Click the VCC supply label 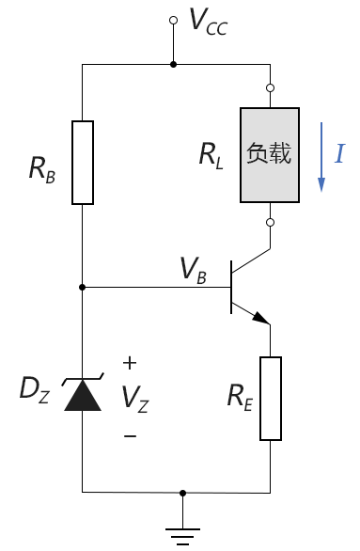coord(209,23)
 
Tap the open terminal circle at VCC coord(173,21)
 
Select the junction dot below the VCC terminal coord(173,65)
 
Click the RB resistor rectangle coord(83,163)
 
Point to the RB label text coord(42,170)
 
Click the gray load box coord(270,155)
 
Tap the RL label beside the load coord(211,156)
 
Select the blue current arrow coord(321,157)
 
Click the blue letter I coord(339,153)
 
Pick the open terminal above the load coord(270,87)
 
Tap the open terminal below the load coord(270,223)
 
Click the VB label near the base coord(193,270)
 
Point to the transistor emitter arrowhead coord(261,318)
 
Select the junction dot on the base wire coord(82,288)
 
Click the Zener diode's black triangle coord(83,395)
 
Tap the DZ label coord(34,389)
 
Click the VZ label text coord(134,400)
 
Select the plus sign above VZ coord(130,363)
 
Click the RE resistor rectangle coord(271,399)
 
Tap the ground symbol coord(182,536)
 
